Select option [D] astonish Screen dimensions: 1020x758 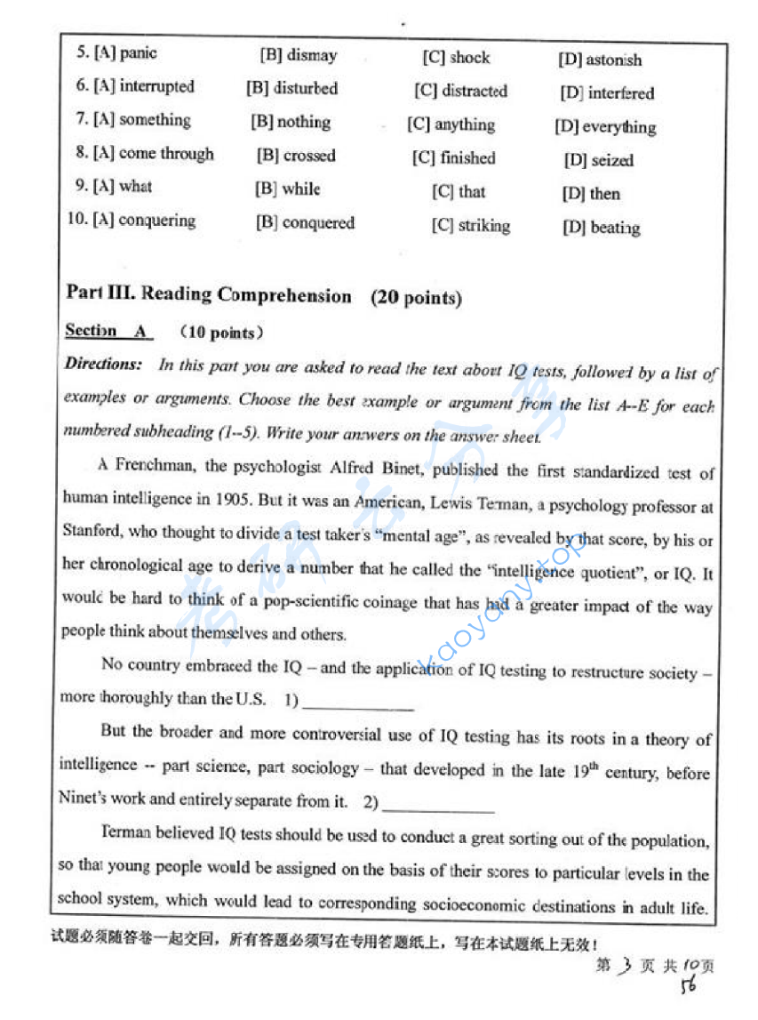point(600,60)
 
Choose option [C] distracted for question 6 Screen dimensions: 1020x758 point(461,92)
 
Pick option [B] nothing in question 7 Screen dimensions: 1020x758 point(291,122)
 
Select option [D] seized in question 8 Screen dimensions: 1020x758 point(599,161)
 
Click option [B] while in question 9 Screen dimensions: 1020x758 point(288,189)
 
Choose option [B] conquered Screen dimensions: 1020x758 point(305,223)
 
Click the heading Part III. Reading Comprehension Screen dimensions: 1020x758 point(209,294)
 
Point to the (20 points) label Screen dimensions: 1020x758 point(416,298)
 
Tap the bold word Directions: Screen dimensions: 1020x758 point(103,365)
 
